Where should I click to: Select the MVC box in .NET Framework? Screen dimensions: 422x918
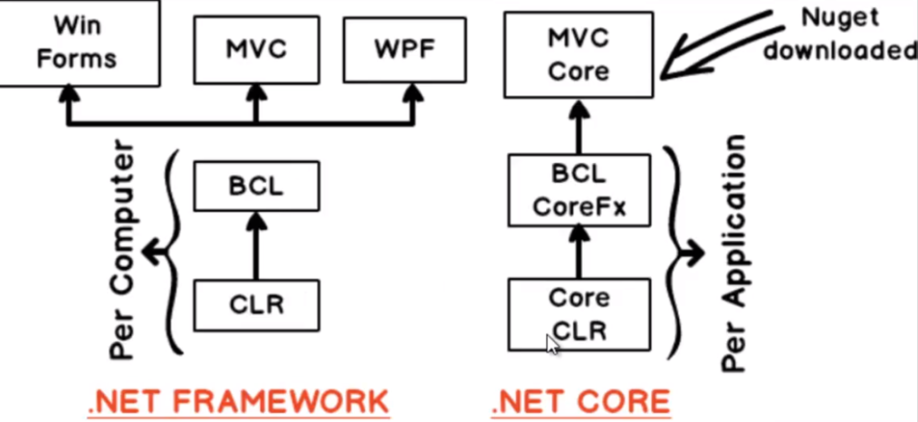coord(255,49)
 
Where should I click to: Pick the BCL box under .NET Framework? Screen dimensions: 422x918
coord(256,185)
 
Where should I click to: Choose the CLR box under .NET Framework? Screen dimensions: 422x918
coord(256,305)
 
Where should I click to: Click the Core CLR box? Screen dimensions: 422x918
coord(579,314)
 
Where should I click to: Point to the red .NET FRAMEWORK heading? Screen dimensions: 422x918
coord(238,400)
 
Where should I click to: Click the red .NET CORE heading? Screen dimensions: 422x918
coord(580,400)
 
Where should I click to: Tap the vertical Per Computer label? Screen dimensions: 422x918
coord(126,251)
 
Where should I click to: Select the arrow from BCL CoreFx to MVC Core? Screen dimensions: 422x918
coord(579,125)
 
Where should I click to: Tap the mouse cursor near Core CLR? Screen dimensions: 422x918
coord(552,343)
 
